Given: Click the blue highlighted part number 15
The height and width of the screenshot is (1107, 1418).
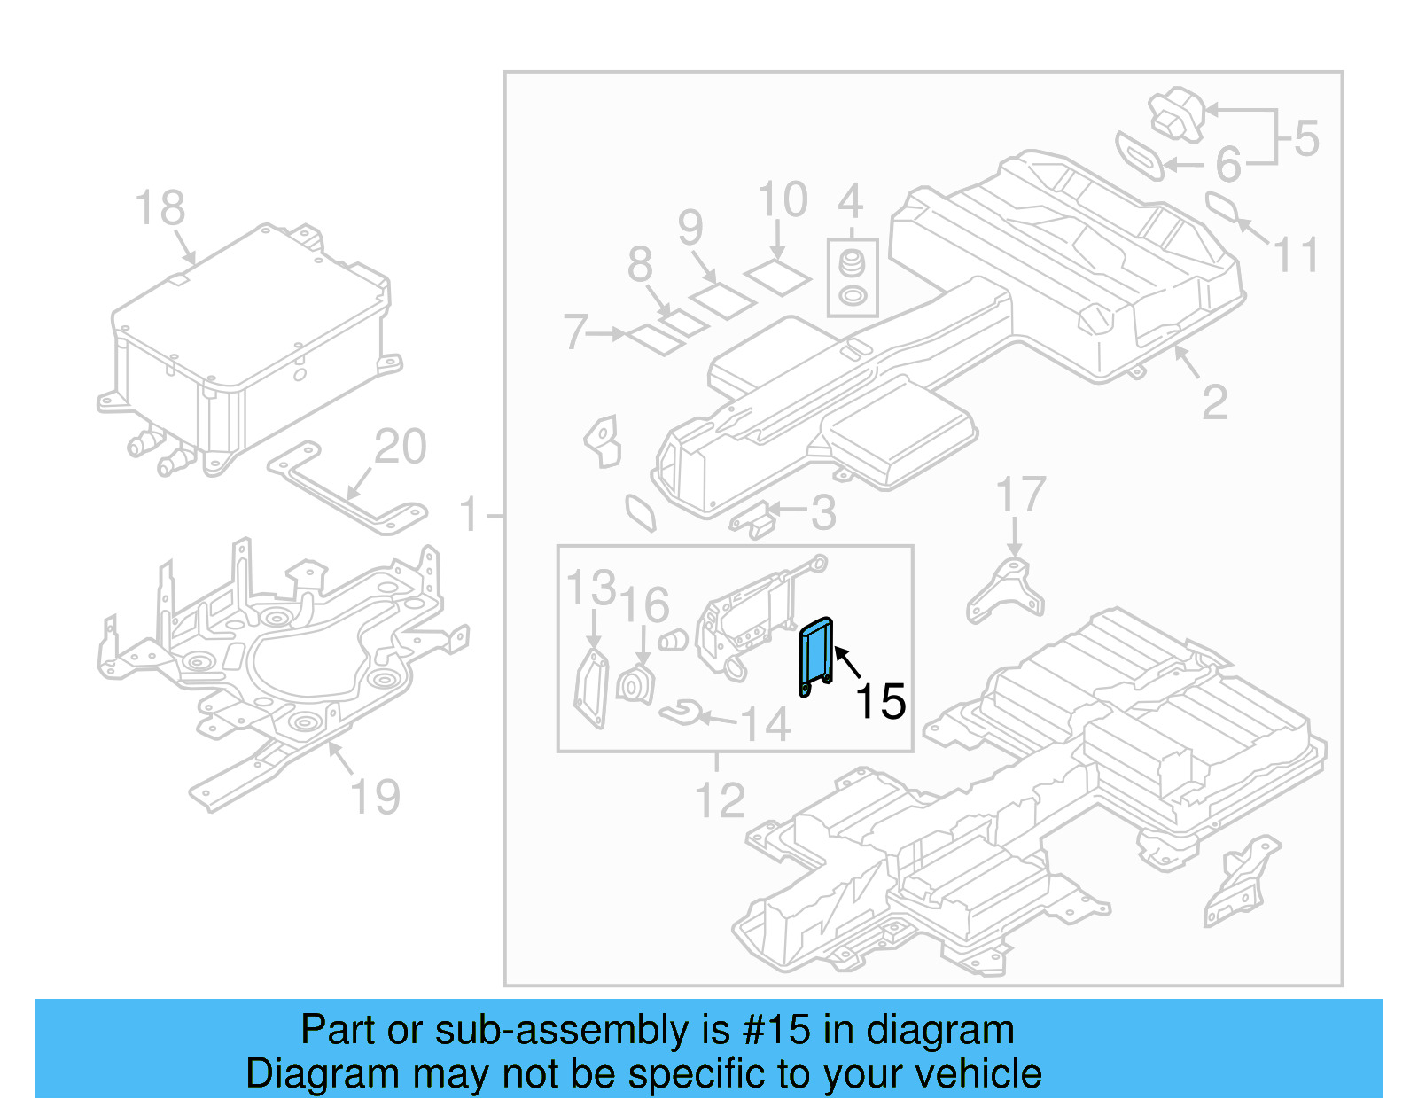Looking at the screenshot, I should click(815, 656).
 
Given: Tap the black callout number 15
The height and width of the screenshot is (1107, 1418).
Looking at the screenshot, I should click(880, 701).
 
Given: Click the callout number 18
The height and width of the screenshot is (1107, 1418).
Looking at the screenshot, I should click(160, 209).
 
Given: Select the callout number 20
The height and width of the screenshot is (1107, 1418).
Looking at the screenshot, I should click(400, 447).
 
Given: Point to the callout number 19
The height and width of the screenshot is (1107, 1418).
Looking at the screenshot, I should click(376, 797).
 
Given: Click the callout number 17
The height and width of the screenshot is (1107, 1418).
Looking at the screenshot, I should click(1020, 495).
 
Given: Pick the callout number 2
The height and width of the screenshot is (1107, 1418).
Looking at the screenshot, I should click(1214, 403).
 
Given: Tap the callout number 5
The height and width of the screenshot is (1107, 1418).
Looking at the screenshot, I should click(1306, 139).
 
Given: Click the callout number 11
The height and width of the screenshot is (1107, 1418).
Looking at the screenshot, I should click(1296, 255).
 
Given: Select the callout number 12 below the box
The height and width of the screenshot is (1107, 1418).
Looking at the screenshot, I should click(720, 801).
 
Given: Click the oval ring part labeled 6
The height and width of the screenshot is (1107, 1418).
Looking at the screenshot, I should click(1140, 156).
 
